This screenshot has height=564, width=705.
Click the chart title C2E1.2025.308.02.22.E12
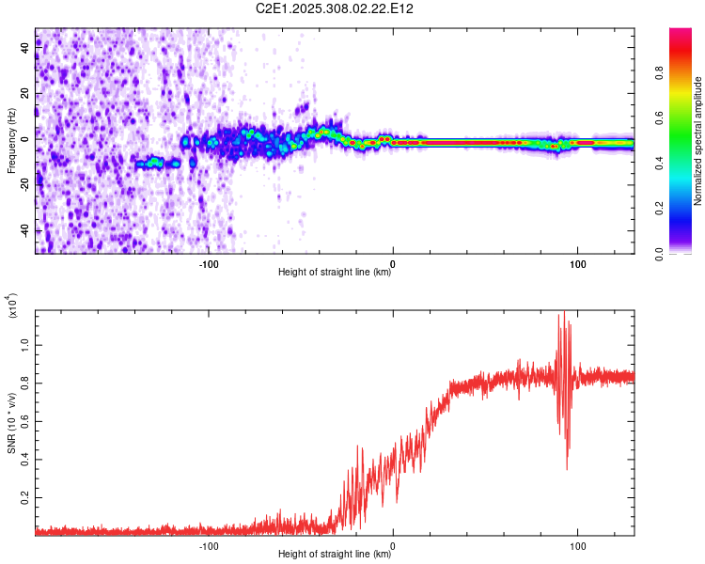(336, 8)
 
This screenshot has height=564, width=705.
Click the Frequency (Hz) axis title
(11, 140)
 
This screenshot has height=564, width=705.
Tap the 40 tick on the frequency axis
(24, 48)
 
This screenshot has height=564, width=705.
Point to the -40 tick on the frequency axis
(24, 231)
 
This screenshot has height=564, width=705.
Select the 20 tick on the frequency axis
(24, 94)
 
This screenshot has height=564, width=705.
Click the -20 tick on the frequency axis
(24, 185)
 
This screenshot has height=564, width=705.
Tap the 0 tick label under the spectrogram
(393, 263)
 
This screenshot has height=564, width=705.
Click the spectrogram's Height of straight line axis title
(335, 274)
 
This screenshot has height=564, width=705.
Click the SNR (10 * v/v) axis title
(12, 422)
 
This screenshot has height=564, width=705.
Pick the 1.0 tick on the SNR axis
(25, 344)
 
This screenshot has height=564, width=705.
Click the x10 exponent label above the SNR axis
(12, 306)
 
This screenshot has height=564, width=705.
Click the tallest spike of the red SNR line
(564, 311)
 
